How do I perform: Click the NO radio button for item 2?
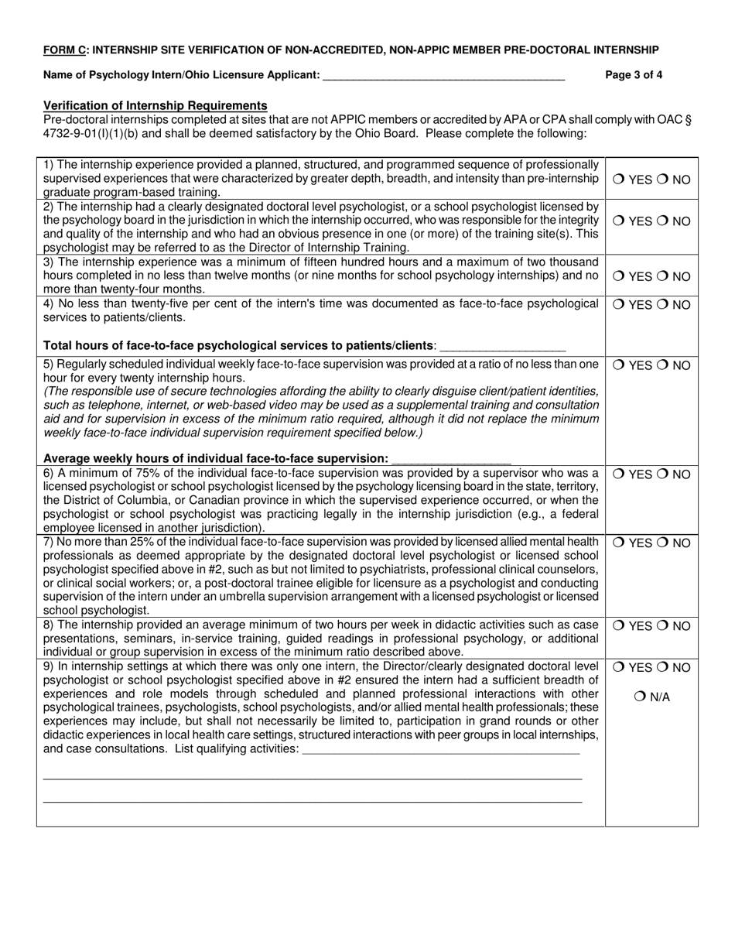click(664, 221)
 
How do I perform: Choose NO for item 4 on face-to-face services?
click(664, 305)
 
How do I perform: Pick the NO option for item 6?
click(664, 474)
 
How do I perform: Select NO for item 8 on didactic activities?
click(664, 626)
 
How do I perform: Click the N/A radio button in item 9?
click(640, 697)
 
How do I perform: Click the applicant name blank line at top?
click(443, 76)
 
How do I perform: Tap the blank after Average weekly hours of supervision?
click(451, 459)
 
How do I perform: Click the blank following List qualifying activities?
click(441, 749)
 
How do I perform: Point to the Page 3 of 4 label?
click(634, 75)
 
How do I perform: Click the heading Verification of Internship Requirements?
click(156, 105)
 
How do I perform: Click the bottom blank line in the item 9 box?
click(312, 801)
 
